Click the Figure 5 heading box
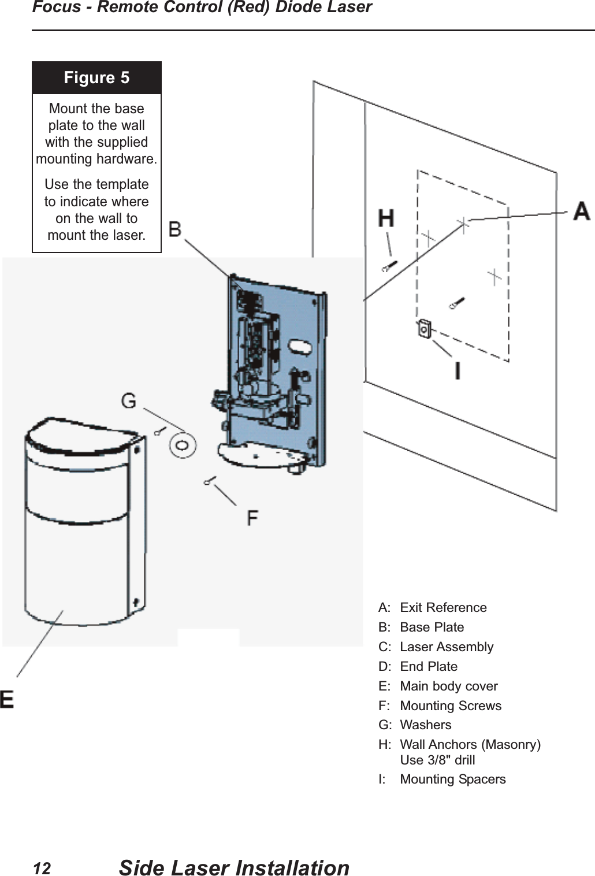click(x=96, y=78)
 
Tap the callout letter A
click(x=581, y=211)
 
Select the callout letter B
click(x=175, y=229)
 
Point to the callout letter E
click(x=7, y=700)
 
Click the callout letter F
click(x=252, y=518)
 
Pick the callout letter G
click(x=129, y=400)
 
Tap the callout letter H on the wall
click(x=386, y=219)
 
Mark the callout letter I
click(x=458, y=370)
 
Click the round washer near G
click(x=183, y=446)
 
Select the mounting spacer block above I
click(x=425, y=329)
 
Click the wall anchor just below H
click(x=389, y=266)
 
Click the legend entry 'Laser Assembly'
click(x=446, y=647)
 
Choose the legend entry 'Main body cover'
click(x=448, y=686)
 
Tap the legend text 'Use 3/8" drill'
click(x=437, y=760)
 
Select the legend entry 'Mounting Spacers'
click(x=452, y=779)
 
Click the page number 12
click(x=42, y=868)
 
